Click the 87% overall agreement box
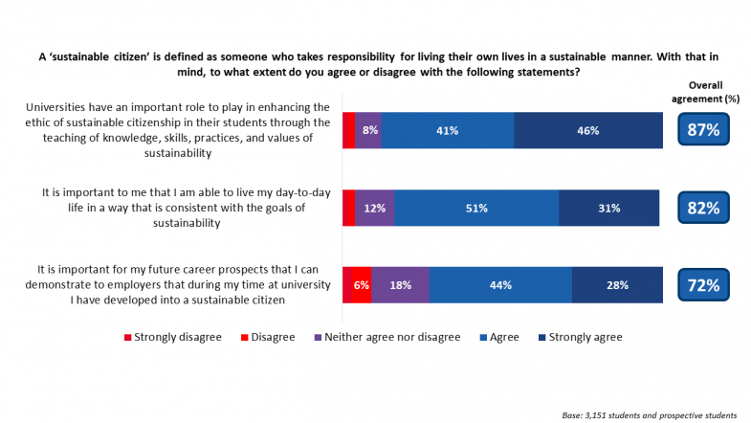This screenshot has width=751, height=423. [704, 130]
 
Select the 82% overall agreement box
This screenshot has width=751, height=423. [704, 207]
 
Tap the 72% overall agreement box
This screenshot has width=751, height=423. [704, 284]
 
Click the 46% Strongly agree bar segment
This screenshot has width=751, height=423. [588, 130]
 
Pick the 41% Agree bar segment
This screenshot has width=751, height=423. [448, 130]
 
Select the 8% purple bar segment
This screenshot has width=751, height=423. [369, 130]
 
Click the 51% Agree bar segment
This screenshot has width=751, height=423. [476, 208]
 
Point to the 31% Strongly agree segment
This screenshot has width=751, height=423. [608, 208]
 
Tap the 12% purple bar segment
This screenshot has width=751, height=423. [375, 208]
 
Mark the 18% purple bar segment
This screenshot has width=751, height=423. [401, 284]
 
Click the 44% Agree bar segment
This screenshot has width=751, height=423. [500, 284]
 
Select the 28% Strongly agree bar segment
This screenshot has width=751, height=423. [617, 284]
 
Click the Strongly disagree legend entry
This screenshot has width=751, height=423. [173, 337]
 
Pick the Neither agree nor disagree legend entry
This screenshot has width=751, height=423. [387, 337]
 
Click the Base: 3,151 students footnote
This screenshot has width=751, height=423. [650, 414]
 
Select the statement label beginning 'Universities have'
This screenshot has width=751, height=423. [180, 129]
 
